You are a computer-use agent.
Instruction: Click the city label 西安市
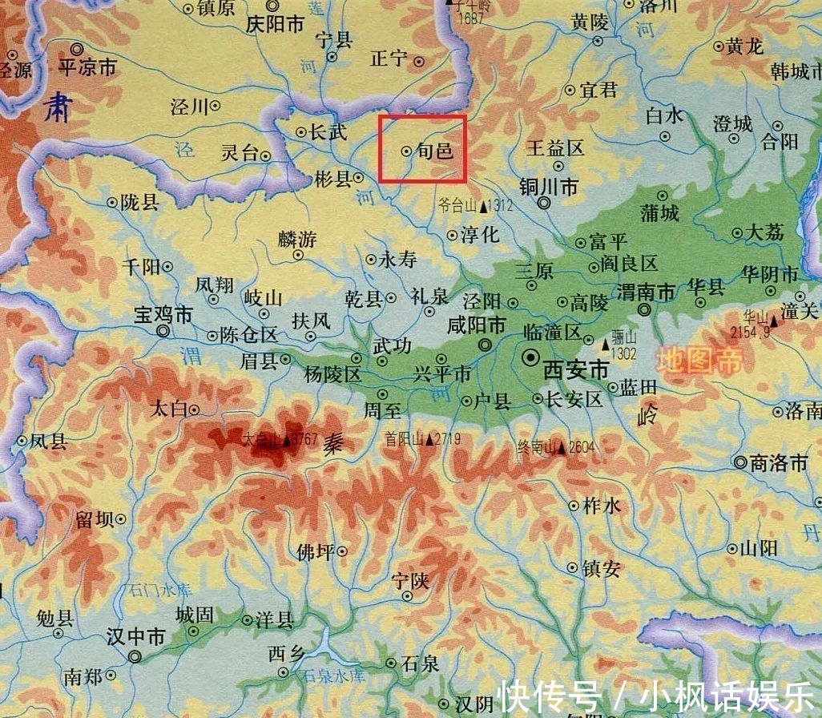[576, 370]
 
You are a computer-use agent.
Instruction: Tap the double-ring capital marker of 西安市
[530, 358]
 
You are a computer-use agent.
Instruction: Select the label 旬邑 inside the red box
[435, 151]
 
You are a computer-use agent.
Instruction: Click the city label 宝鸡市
[165, 312]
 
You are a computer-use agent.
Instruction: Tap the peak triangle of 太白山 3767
[286, 440]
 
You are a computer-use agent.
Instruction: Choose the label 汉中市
[136, 637]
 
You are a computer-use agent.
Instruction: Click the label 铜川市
[549, 187]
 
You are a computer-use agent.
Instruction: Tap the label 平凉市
[88, 67]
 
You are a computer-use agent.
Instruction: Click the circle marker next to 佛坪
[342, 551]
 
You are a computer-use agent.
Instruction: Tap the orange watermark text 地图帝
[699, 361]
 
